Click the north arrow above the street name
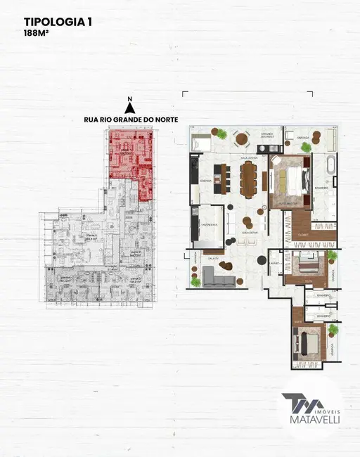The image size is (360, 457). point(129,108)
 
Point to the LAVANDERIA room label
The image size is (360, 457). point(209,224)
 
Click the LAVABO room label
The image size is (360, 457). point(275,265)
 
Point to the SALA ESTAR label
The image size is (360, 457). point(247,232)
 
